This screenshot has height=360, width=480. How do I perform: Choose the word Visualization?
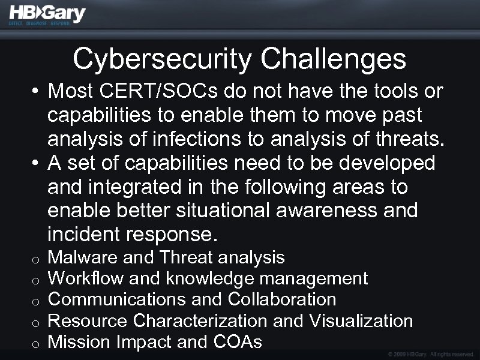(x=361, y=321)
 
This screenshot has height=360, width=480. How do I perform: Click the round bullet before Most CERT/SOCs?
(x=36, y=92)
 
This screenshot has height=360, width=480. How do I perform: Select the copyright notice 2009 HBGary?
(x=427, y=354)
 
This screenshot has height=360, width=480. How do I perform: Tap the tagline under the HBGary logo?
(x=39, y=24)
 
